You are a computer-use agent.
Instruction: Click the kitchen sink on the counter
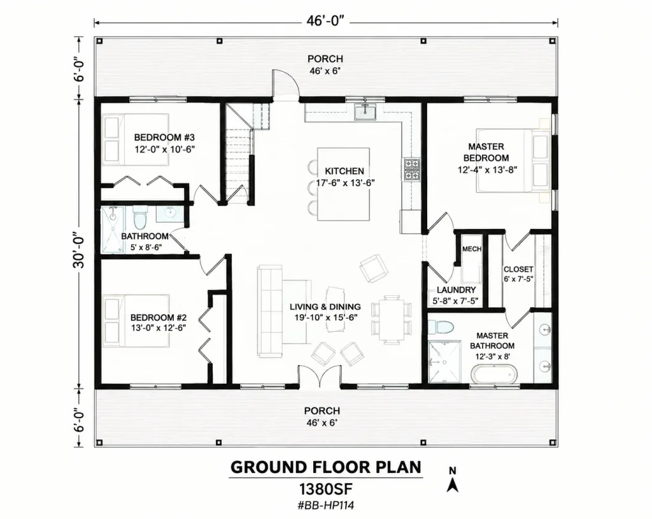pos(365,112)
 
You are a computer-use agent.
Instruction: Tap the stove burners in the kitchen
pos(412,169)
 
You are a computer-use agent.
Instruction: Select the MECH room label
pos(472,249)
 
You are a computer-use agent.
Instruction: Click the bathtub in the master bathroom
pos(494,374)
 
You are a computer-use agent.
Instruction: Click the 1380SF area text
pos(326,488)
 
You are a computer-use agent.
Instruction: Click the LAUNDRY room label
pos(456,290)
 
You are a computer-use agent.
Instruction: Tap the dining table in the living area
pos(392,319)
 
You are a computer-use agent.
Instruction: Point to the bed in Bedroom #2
pos(136,321)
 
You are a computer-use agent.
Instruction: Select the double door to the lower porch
pos(320,377)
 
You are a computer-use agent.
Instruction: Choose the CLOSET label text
pos(518,269)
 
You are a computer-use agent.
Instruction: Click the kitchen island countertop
pos(343,184)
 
